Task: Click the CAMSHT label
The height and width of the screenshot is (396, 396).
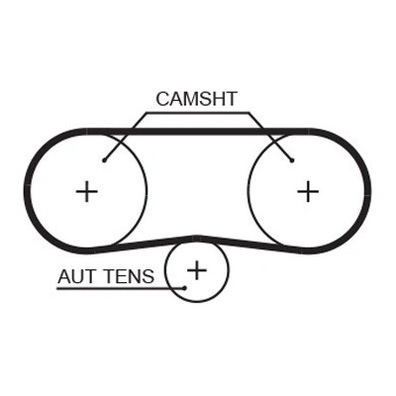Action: tap(197, 99)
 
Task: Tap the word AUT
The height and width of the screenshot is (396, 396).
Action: tap(76, 276)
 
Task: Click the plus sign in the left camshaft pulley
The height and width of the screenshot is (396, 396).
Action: tap(87, 191)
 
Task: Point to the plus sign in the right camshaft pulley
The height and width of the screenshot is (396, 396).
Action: tap(308, 191)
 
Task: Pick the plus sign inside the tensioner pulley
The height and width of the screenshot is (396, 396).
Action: tap(197, 270)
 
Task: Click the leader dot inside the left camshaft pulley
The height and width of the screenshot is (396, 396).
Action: tap(104, 160)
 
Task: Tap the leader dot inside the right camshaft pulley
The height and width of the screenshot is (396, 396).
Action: tap(292, 160)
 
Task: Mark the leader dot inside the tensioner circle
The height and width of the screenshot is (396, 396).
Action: tap(185, 288)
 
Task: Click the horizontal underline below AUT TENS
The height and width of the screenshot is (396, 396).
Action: tap(121, 288)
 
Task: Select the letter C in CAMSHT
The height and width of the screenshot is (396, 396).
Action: tap(163, 99)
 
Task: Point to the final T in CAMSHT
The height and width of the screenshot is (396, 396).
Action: tap(231, 99)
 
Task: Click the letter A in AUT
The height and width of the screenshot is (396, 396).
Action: tap(64, 276)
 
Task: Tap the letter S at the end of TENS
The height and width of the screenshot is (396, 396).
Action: tap(148, 276)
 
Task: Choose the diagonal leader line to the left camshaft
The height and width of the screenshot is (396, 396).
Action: tap(125, 137)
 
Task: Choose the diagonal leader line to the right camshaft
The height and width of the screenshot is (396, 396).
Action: tap(270, 137)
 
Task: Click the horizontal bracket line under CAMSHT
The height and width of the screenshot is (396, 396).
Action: tap(198, 113)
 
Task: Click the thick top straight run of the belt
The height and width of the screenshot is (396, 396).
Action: tap(198, 132)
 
